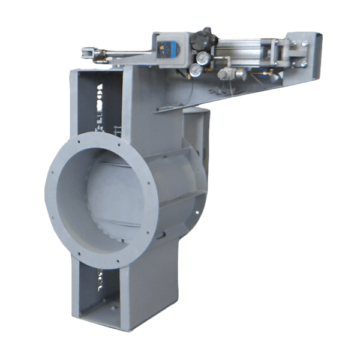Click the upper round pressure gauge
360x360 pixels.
click(x=205, y=58)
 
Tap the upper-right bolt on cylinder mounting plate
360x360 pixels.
click(x=304, y=43)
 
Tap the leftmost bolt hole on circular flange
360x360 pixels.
click(x=49, y=190)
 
